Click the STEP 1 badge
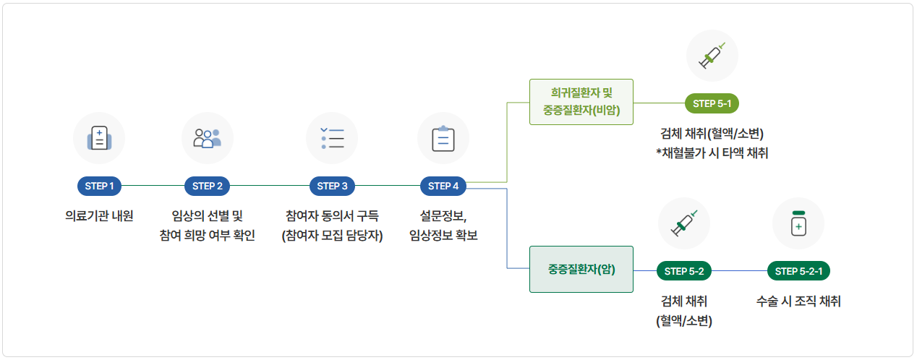click(99, 187)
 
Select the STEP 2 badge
click(207, 187)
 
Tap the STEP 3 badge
click(332, 187)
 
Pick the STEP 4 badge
click(443, 187)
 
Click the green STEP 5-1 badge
click(712, 103)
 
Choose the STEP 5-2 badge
click(683, 271)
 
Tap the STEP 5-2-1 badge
click(798, 271)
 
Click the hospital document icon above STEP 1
click(99, 138)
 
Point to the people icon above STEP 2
click(207, 138)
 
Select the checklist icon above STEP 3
click(332, 138)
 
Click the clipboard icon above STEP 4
click(443, 138)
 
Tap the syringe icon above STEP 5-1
click(712, 56)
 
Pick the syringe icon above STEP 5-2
click(683, 223)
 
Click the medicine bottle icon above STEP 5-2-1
click(798, 223)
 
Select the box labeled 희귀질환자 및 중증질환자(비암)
click(581, 102)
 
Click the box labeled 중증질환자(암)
click(581, 270)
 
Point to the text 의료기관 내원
click(99, 215)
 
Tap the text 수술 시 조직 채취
click(798, 301)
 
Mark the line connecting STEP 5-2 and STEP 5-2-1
click(740, 271)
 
